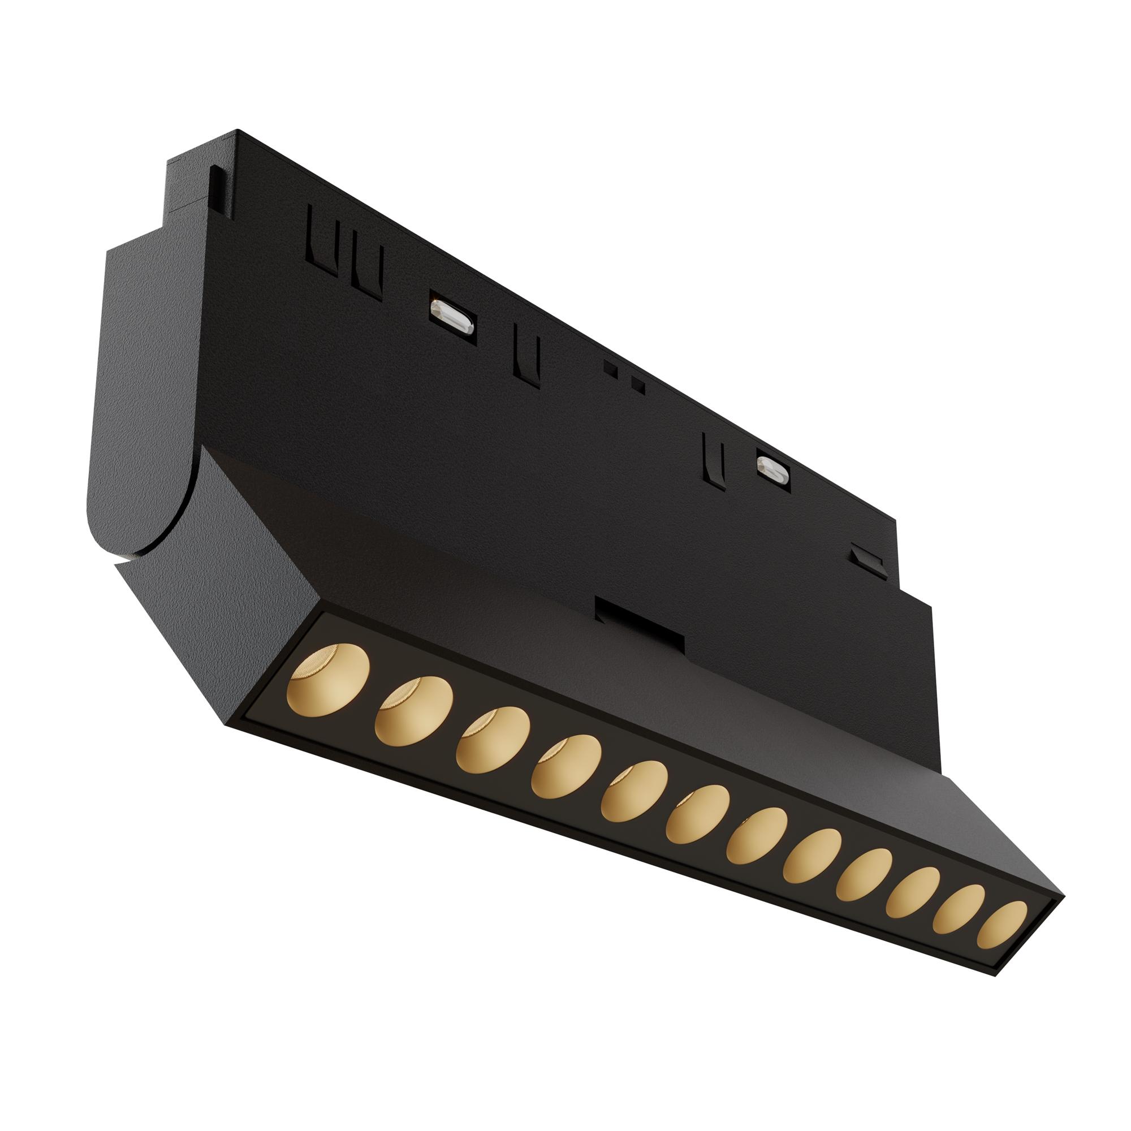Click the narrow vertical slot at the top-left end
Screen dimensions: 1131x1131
point(217,184)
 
